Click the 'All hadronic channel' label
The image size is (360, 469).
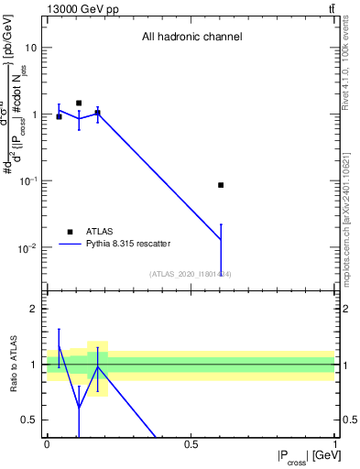(x=191, y=38)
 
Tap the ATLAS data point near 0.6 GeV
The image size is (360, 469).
(x=221, y=185)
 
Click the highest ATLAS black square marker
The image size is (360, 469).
(x=79, y=104)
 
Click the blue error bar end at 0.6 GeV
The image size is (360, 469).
(x=221, y=224)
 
